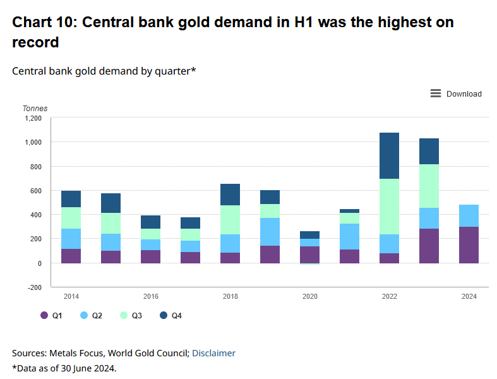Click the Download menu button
(456, 93)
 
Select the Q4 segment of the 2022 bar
(389, 155)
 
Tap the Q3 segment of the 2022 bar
(389, 207)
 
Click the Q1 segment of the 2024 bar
(469, 244)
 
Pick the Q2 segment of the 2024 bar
(469, 215)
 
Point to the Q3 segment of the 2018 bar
(230, 220)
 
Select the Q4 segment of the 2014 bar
(71, 199)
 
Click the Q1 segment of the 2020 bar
(309, 255)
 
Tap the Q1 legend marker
(44, 315)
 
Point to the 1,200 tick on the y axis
(33, 118)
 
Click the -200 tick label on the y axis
(34, 287)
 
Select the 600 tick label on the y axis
(35, 191)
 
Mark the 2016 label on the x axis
(150, 296)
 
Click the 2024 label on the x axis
(469, 296)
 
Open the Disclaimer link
(213, 353)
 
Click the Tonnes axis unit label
(35, 109)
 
